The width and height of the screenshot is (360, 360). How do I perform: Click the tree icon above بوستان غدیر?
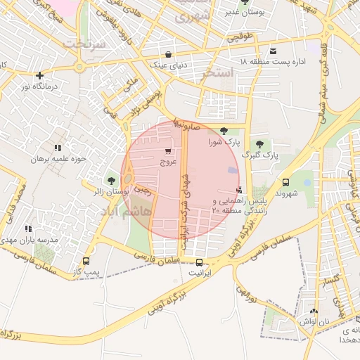tap(244, 2)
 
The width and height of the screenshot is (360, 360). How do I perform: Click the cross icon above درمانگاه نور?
tap(40, 75)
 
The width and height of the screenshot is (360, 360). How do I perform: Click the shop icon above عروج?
tap(167, 151)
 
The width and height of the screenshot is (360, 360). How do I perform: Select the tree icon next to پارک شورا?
tap(224, 130)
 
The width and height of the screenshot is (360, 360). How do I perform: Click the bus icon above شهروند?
tap(285, 182)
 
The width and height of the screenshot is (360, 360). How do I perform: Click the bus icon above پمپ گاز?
tap(86, 261)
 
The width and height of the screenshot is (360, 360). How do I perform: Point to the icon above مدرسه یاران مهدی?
tap(28, 229)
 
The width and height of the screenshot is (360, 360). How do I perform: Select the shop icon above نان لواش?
tap(314, 311)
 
